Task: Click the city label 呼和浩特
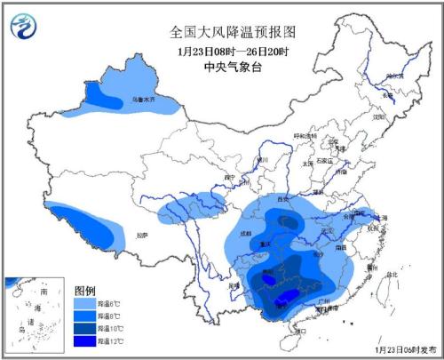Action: coord(305,136)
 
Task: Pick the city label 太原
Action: coord(308,163)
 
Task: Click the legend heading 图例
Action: coord(84,291)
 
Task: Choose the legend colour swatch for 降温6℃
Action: coord(85,305)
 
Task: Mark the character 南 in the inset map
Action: coord(44,292)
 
